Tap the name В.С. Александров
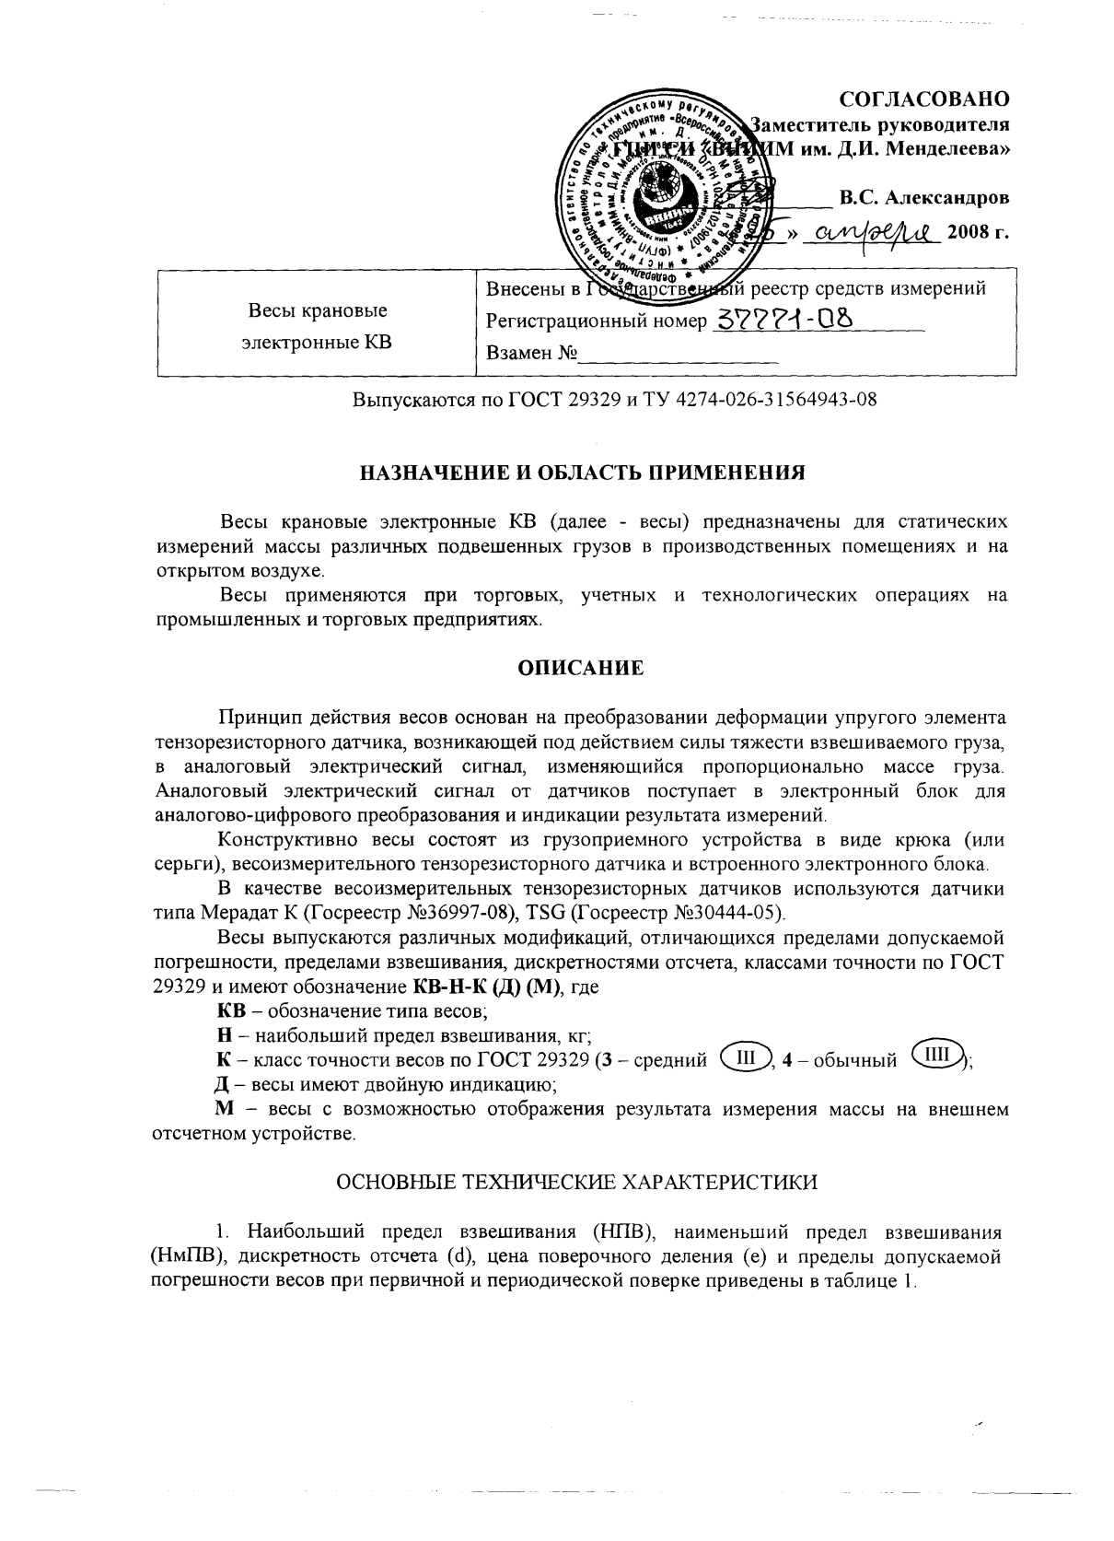[923, 197]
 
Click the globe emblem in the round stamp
[656, 185]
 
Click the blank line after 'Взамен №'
[678, 354]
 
